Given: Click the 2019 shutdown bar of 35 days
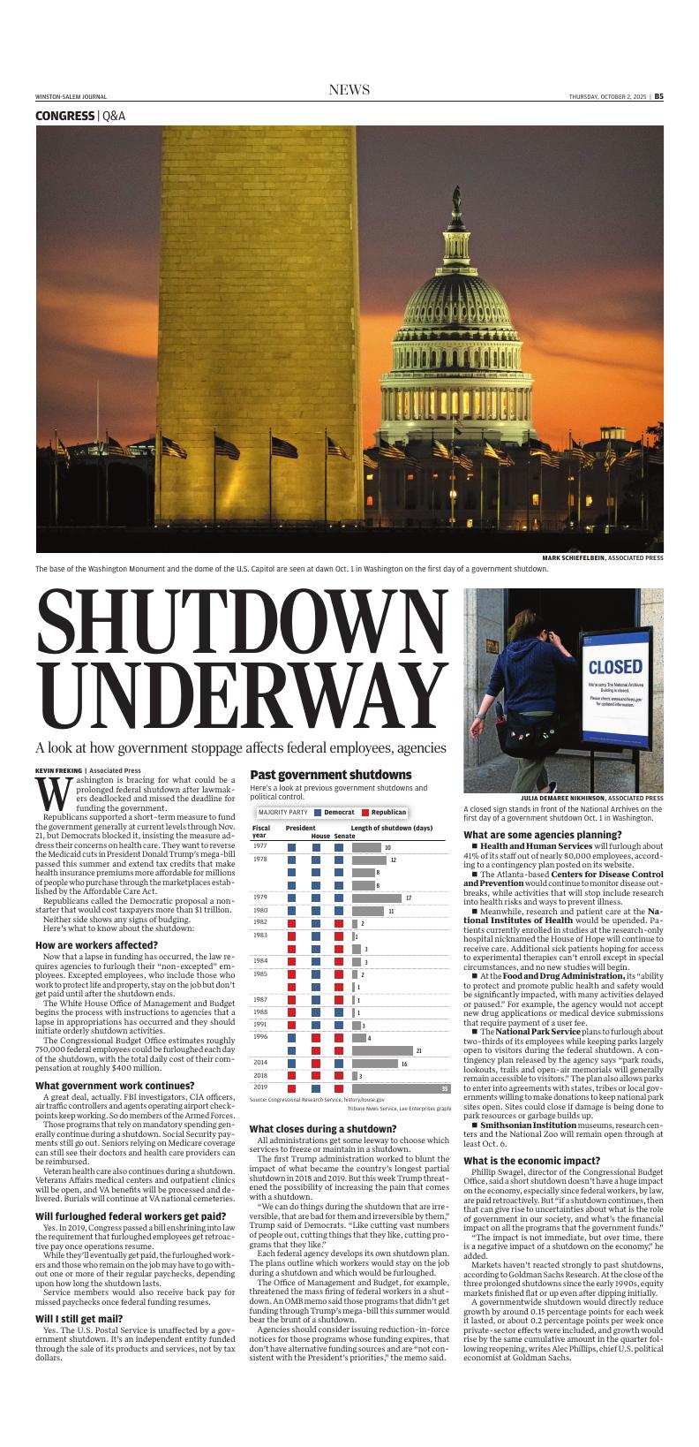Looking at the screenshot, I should pos(401,1087).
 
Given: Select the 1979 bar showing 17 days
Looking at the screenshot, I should pos(376,898).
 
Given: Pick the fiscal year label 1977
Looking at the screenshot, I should pos(260,846).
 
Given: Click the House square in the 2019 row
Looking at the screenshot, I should pos(316,1087).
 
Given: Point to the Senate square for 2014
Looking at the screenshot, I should pos(339,1063).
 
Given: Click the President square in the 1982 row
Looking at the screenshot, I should pos(292,923).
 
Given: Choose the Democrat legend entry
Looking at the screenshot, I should pos(334,812).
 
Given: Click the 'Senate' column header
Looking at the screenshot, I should pos(344,836).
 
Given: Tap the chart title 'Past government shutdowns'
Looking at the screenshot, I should pos(330,775).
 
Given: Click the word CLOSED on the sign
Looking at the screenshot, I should pos(615,665).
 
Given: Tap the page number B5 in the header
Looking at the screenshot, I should pos(658,96).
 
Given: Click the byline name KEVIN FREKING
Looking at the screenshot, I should pos(58,770).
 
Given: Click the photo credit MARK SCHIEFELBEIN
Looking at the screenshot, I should pos(575,558).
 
